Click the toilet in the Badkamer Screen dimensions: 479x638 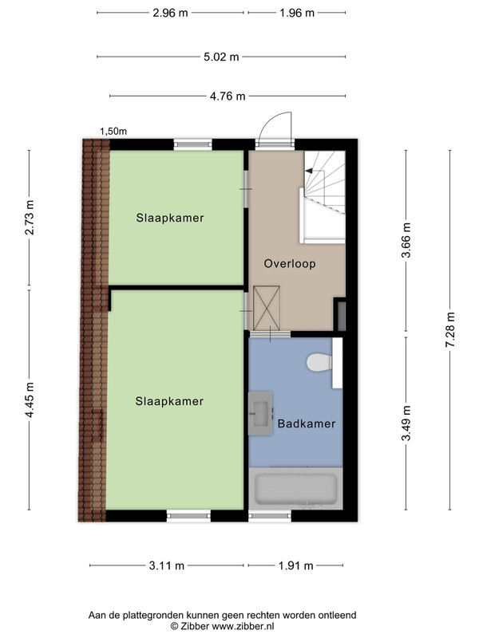click(319, 362)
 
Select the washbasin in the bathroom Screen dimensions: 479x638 click(261, 413)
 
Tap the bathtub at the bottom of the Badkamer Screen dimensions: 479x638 click(295, 488)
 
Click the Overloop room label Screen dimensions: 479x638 click(290, 264)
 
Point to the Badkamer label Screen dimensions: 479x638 click(307, 423)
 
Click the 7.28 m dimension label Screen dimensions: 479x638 click(450, 329)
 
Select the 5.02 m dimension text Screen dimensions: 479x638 click(221, 57)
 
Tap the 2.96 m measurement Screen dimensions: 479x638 click(170, 13)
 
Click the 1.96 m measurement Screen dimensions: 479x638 click(297, 13)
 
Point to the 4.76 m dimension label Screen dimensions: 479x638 click(228, 96)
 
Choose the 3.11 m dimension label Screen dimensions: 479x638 click(167, 565)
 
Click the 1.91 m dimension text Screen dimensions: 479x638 click(296, 565)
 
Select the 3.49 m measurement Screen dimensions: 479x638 click(406, 423)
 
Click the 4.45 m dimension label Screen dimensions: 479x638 click(30, 400)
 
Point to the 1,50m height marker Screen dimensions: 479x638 click(113, 132)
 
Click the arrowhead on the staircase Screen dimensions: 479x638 click(309, 171)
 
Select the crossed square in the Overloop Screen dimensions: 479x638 click(267, 308)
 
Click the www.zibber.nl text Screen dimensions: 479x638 click(243, 626)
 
